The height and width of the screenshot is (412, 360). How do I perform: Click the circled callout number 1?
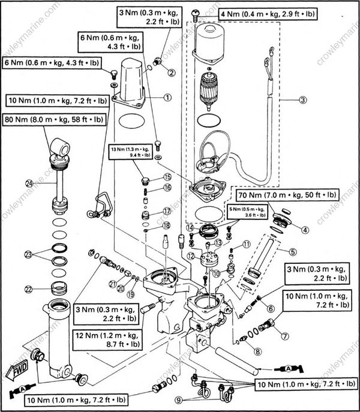coord(167,95)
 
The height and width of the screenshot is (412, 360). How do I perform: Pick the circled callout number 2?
coord(171,73)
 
